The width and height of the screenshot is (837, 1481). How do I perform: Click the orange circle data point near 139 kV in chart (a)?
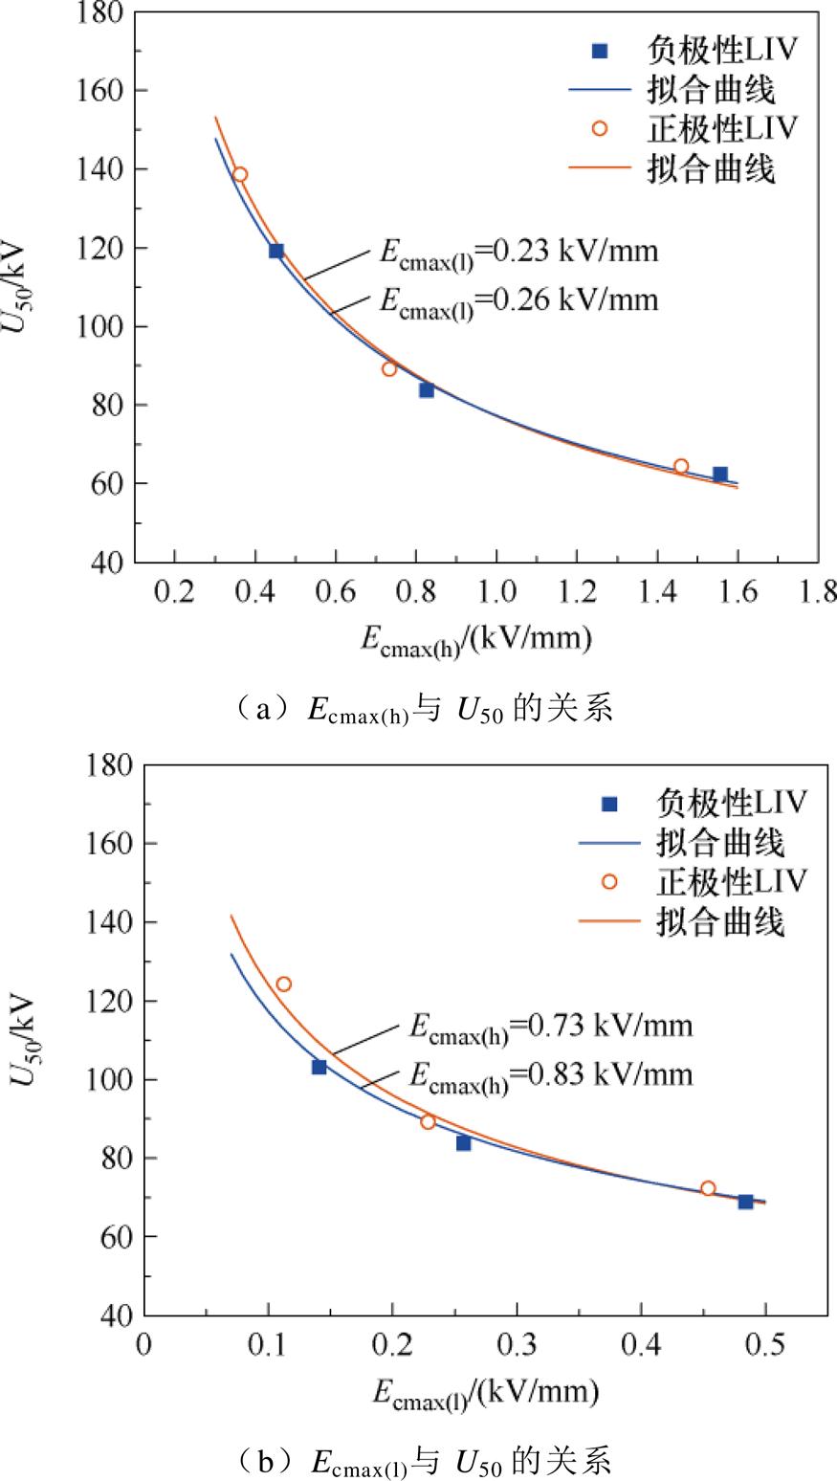click(x=240, y=174)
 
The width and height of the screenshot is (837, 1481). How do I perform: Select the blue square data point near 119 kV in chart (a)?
click(x=276, y=251)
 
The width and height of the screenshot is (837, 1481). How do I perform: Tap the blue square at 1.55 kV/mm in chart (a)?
click(x=720, y=475)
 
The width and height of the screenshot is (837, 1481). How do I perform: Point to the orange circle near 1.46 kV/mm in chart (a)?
click(x=681, y=467)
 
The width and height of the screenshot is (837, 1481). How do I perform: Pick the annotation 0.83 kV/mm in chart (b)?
click(x=550, y=1075)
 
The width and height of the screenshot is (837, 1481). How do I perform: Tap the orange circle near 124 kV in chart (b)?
click(x=284, y=984)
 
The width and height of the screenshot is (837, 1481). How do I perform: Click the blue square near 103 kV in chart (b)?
click(x=319, y=1067)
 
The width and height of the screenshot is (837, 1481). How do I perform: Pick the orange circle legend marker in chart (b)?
click(x=609, y=881)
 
